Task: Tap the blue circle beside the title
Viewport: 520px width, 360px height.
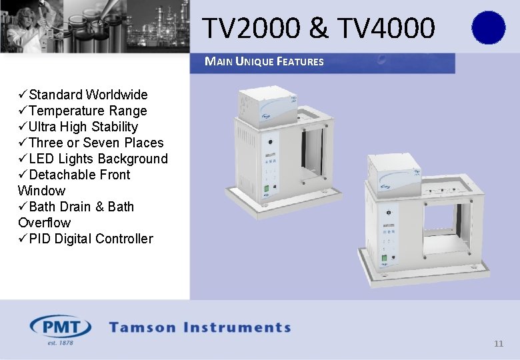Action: (488, 28)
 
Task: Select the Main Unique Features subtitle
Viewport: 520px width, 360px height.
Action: (264, 62)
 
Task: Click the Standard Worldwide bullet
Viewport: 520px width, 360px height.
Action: (88, 95)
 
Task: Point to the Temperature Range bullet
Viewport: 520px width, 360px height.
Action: (87, 111)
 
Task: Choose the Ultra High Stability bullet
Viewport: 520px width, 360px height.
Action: (83, 127)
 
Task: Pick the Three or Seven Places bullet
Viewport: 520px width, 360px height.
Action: (96, 143)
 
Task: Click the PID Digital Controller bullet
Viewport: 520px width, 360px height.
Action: (91, 239)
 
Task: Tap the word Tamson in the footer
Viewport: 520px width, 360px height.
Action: (143, 327)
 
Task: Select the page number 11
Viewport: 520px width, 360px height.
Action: (498, 344)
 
